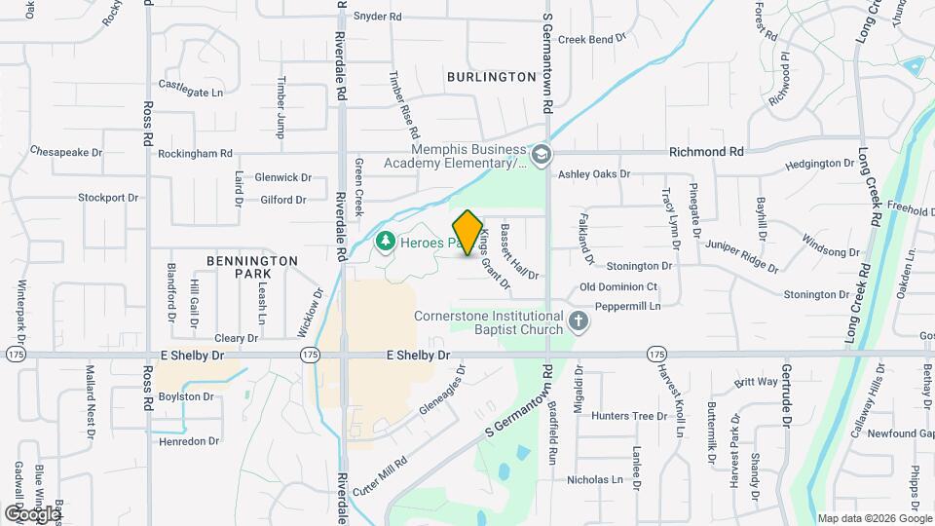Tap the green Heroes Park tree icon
[386, 240]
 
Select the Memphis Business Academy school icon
[541, 154]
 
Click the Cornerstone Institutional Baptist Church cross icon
[579, 320]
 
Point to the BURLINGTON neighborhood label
[492, 76]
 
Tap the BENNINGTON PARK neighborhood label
[252, 268]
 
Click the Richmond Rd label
[706, 152]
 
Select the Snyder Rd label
[377, 17]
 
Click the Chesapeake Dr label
[66, 152]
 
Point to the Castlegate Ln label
[190, 88]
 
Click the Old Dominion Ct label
[618, 287]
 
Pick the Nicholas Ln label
[594, 479]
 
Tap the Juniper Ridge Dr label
[741, 256]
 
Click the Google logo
[31, 513]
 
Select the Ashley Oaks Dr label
[594, 174]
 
